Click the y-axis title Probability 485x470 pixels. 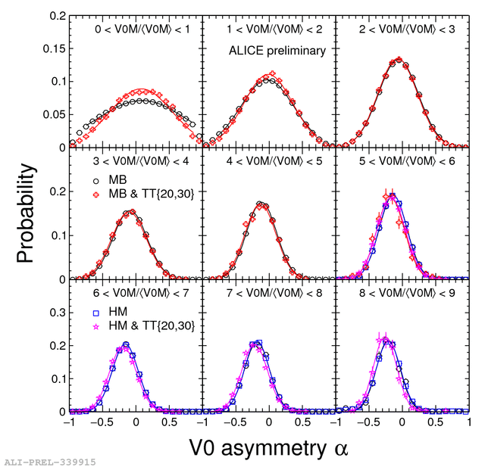27,214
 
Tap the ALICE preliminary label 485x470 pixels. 277,51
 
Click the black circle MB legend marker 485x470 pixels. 96,182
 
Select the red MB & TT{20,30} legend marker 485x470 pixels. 96,195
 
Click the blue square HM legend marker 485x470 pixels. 96,313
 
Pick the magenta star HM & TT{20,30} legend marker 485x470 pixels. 96,326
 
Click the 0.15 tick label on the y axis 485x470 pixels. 54,48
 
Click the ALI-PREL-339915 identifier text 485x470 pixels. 50,462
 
